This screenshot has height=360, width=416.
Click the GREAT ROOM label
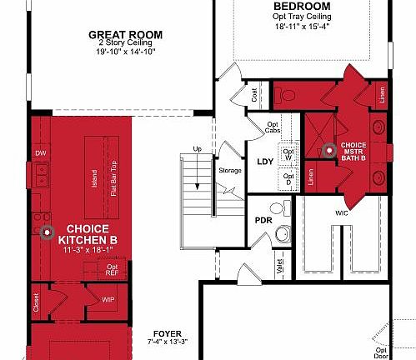pyautogui.click(x=125, y=34)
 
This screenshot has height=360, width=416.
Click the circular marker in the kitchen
pyautogui.click(x=47, y=231)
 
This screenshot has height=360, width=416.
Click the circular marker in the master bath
pyautogui.click(x=328, y=151)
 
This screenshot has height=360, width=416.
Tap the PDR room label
pyautogui.click(x=263, y=220)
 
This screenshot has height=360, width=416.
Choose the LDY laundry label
pyautogui.click(x=265, y=162)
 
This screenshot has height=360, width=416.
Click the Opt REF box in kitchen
pyautogui.click(x=112, y=268)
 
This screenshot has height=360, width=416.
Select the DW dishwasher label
pyautogui.click(x=40, y=153)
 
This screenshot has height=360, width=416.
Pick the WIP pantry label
pyautogui.click(x=108, y=299)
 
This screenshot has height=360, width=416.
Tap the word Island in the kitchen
pyautogui.click(x=95, y=177)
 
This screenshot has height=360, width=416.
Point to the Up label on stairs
pyautogui.click(x=198, y=149)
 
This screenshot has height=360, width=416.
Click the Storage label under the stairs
pyautogui.click(x=230, y=171)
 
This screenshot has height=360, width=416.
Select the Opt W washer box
pyautogui.click(x=288, y=153)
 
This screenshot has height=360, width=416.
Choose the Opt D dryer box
pyautogui.click(x=288, y=177)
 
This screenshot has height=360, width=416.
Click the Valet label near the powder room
pyautogui.click(x=280, y=266)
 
